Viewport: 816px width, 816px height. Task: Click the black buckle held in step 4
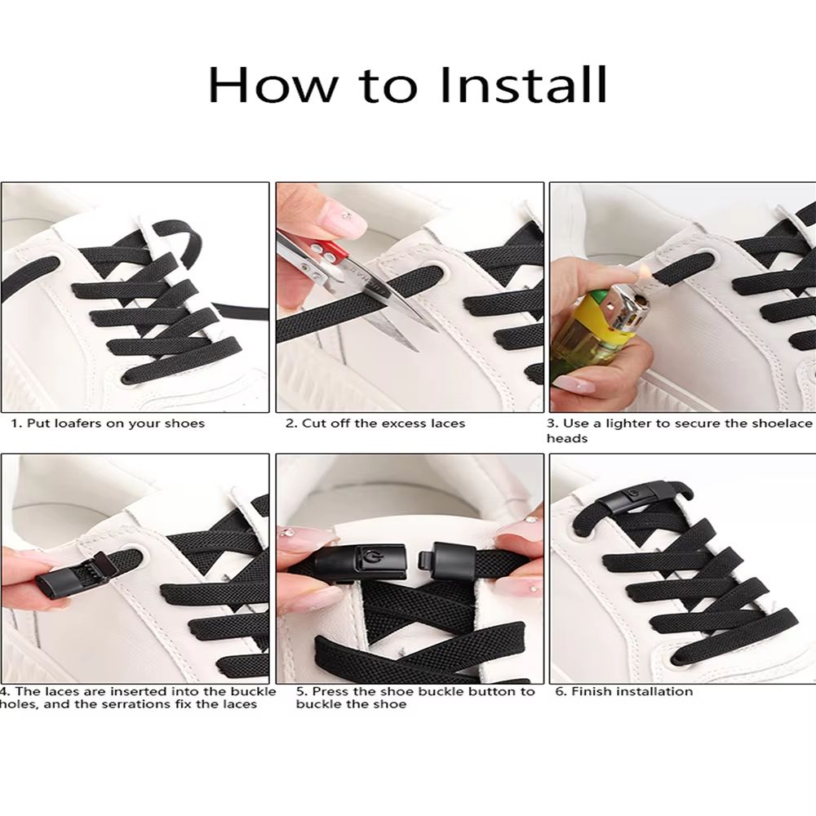click(69, 574)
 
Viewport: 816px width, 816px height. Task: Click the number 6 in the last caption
click(560, 691)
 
